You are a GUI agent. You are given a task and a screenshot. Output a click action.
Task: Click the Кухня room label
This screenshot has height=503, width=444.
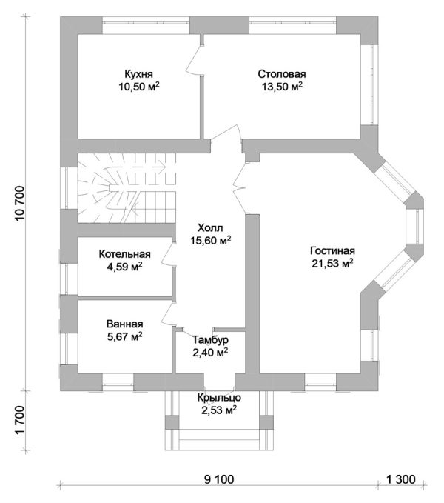140,74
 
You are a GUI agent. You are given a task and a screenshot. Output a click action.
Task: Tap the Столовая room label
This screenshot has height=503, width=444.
282,74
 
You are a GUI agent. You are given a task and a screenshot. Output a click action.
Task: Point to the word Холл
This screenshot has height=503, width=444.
209,227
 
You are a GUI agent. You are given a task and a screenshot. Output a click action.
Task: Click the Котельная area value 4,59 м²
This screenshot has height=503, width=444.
125,266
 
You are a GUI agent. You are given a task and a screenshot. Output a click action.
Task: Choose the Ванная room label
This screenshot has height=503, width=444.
124,324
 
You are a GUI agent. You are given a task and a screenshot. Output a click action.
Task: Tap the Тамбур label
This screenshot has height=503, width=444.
210,340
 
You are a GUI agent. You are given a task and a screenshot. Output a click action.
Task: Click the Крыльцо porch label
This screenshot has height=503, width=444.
218,398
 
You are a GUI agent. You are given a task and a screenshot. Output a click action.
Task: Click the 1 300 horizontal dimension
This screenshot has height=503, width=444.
400,478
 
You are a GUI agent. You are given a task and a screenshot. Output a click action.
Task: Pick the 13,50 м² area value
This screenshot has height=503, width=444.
282,87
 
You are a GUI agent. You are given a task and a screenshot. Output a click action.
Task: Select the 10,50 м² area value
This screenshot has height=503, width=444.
140,87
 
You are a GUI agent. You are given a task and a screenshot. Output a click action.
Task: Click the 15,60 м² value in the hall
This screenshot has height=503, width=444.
210,240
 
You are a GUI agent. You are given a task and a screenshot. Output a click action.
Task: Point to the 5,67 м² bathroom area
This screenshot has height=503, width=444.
124,337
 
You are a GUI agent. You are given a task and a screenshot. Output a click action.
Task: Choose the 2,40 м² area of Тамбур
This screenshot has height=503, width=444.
209,353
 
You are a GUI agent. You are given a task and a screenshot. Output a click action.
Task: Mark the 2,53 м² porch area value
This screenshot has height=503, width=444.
218,410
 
